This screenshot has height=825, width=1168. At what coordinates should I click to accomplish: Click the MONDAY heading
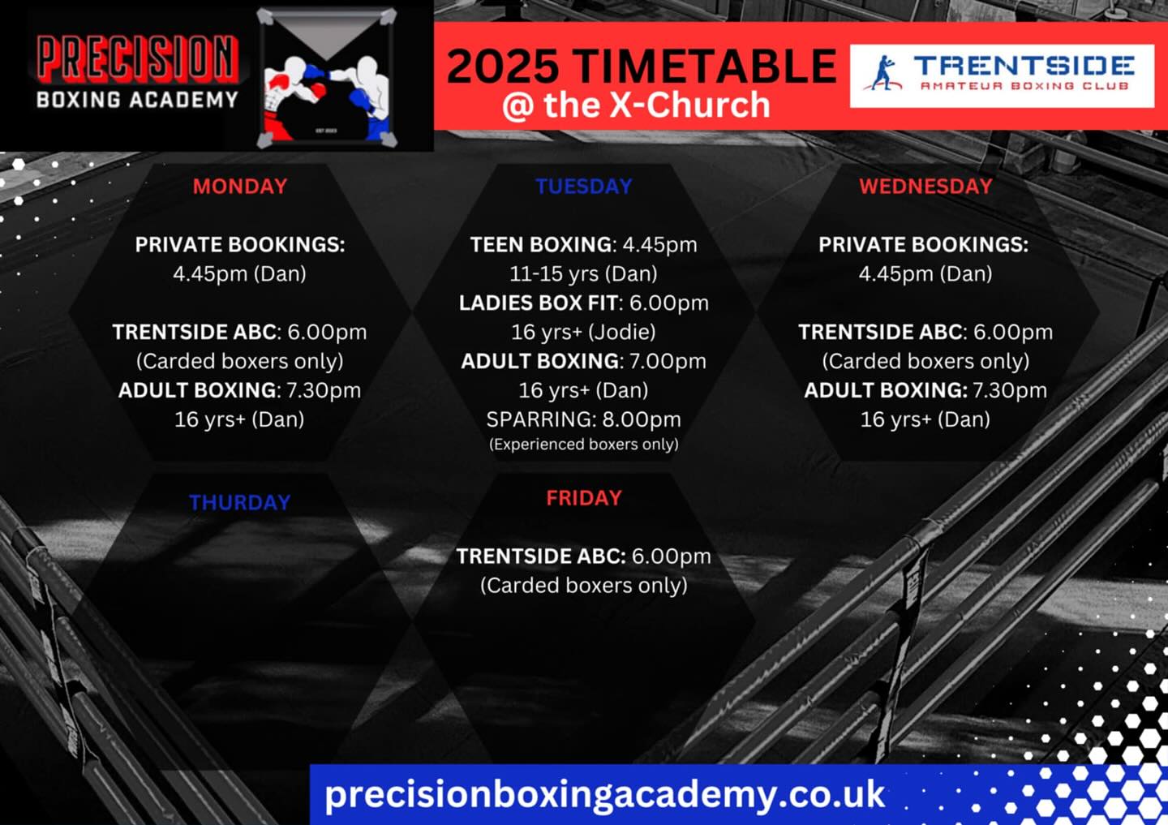[x=240, y=187]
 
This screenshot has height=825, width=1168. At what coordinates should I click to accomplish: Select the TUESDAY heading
[x=583, y=187]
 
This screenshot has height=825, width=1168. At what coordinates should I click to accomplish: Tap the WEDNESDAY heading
[x=925, y=187]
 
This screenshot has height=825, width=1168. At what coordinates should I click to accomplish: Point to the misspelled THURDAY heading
[x=239, y=502]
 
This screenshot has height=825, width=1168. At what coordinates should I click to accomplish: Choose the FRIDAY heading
[x=583, y=498]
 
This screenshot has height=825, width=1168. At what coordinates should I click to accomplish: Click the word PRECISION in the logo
[x=137, y=58]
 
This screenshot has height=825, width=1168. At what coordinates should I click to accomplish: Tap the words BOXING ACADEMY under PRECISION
[x=137, y=99]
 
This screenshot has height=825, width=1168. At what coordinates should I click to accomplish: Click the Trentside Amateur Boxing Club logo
[x=1002, y=76]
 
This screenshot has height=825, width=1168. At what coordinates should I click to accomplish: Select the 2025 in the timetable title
[x=502, y=66]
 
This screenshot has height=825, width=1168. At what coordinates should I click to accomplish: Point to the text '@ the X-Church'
[x=636, y=105]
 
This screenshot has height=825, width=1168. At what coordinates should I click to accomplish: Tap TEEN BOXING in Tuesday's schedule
[x=541, y=244]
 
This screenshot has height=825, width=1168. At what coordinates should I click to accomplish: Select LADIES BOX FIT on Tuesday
[x=539, y=303]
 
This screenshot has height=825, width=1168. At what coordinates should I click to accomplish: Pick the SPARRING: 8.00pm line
[x=583, y=419]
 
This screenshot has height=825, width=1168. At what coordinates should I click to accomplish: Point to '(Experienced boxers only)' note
[x=583, y=445]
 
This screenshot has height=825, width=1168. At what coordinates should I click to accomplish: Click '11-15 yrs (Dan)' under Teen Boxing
[x=583, y=274]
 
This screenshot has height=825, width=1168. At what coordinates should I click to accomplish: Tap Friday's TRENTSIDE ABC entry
[x=583, y=556]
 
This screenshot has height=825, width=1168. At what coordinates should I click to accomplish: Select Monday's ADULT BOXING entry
[x=239, y=390]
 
